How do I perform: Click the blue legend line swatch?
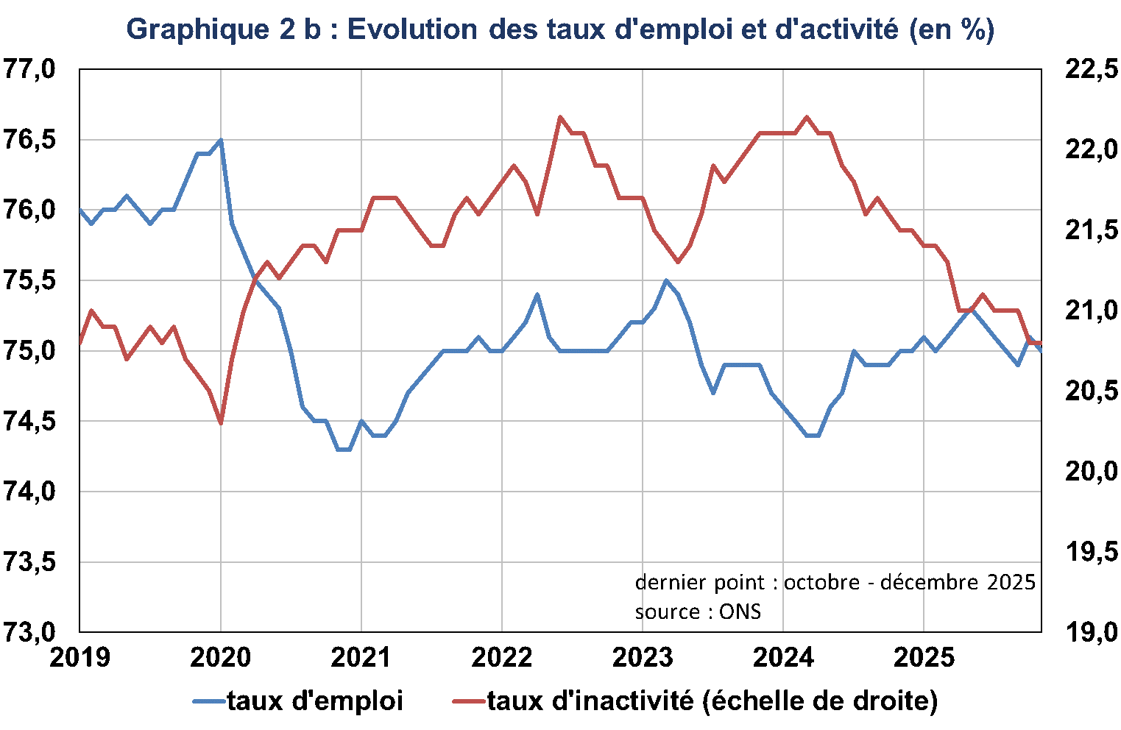(209, 701)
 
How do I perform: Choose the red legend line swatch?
(469, 701)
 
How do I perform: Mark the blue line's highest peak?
(221, 140)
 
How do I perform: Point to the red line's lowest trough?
(221, 422)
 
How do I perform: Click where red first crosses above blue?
(255, 280)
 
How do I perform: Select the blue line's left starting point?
(79, 210)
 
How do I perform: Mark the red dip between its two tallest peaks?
(678, 262)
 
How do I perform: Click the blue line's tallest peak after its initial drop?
(666, 280)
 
